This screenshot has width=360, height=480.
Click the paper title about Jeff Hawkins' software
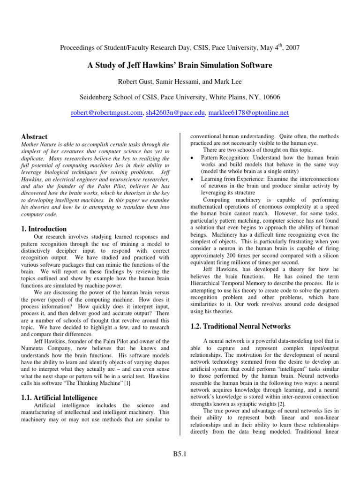coord(180,65)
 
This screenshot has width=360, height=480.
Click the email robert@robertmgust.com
coord(106,113)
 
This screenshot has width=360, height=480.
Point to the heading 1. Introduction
coord(44,229)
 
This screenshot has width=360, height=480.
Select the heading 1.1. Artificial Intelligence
coord(60,398)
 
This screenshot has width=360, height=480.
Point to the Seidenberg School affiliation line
coord(180,97)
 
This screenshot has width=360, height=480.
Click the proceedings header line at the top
coord(180,48)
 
